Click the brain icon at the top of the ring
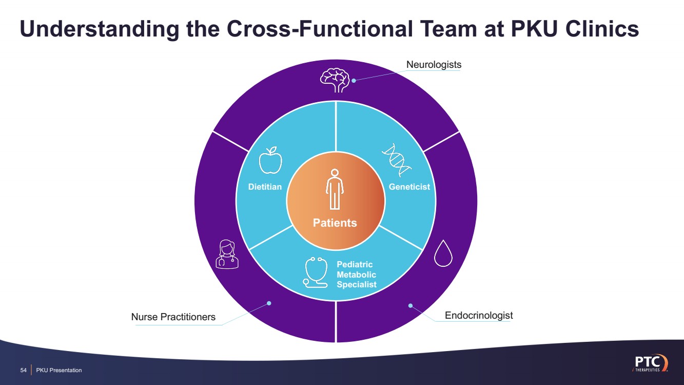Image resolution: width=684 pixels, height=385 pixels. [x=335, y=80]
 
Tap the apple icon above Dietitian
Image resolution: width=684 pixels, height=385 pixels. [x=270, y=160]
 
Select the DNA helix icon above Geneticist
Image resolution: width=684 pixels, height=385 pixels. [x=397, y=160]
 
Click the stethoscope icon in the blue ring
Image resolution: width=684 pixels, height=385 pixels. [x=315, y=272]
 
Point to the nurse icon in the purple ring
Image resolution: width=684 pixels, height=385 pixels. [x=227, y=254]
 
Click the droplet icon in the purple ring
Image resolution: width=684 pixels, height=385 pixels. [x=443, y=253]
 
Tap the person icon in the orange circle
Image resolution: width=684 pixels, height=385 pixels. [x=335, y=189]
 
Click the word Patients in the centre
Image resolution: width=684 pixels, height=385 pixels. [x=335, y=223]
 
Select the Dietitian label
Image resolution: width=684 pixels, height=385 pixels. [x=265, y=187]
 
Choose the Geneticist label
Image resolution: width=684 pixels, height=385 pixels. [x=409, y=187]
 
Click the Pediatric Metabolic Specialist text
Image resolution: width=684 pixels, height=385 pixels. [x=356, y=274]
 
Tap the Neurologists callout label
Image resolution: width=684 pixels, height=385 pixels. [x=434, y=65]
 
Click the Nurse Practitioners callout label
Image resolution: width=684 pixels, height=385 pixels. [x=173, y=317]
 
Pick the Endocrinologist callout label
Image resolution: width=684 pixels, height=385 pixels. [x=479, y=315]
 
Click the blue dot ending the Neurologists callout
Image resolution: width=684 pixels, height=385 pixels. [x=354, y=80]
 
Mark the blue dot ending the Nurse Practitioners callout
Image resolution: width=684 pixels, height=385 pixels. [x=269, y=303]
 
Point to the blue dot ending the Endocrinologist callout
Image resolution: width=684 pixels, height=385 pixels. [x=411, y=305]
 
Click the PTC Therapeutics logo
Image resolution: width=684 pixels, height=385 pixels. [x=650, y=363]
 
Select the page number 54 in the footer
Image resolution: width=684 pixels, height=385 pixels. [x=24, y=370]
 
